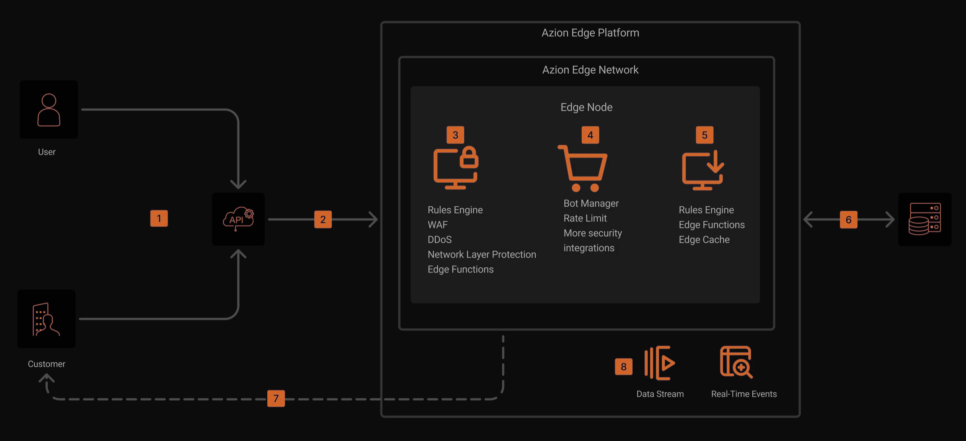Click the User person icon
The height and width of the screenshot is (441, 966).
[x=49, y=110]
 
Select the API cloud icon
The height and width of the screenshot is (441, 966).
[x=238, y=219]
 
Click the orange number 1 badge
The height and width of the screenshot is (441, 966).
[x=159, y=218]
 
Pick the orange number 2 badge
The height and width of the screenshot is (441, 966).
[x=323, y=220]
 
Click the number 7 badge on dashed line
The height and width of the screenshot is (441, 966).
[x=276, y=398]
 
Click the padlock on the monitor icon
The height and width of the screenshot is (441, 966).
[x=469, y=157]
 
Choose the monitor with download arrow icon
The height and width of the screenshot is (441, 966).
[x=703, y=170]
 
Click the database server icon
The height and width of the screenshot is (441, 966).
[x=924, y=219]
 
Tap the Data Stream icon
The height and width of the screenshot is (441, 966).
[x=660, y=363]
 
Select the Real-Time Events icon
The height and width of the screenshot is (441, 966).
[x=736, y=362]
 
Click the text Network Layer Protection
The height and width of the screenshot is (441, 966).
[x=482, y=254]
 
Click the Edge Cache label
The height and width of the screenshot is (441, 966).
[x=704, y=239]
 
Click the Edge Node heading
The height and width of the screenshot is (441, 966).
[x=586, y=107]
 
